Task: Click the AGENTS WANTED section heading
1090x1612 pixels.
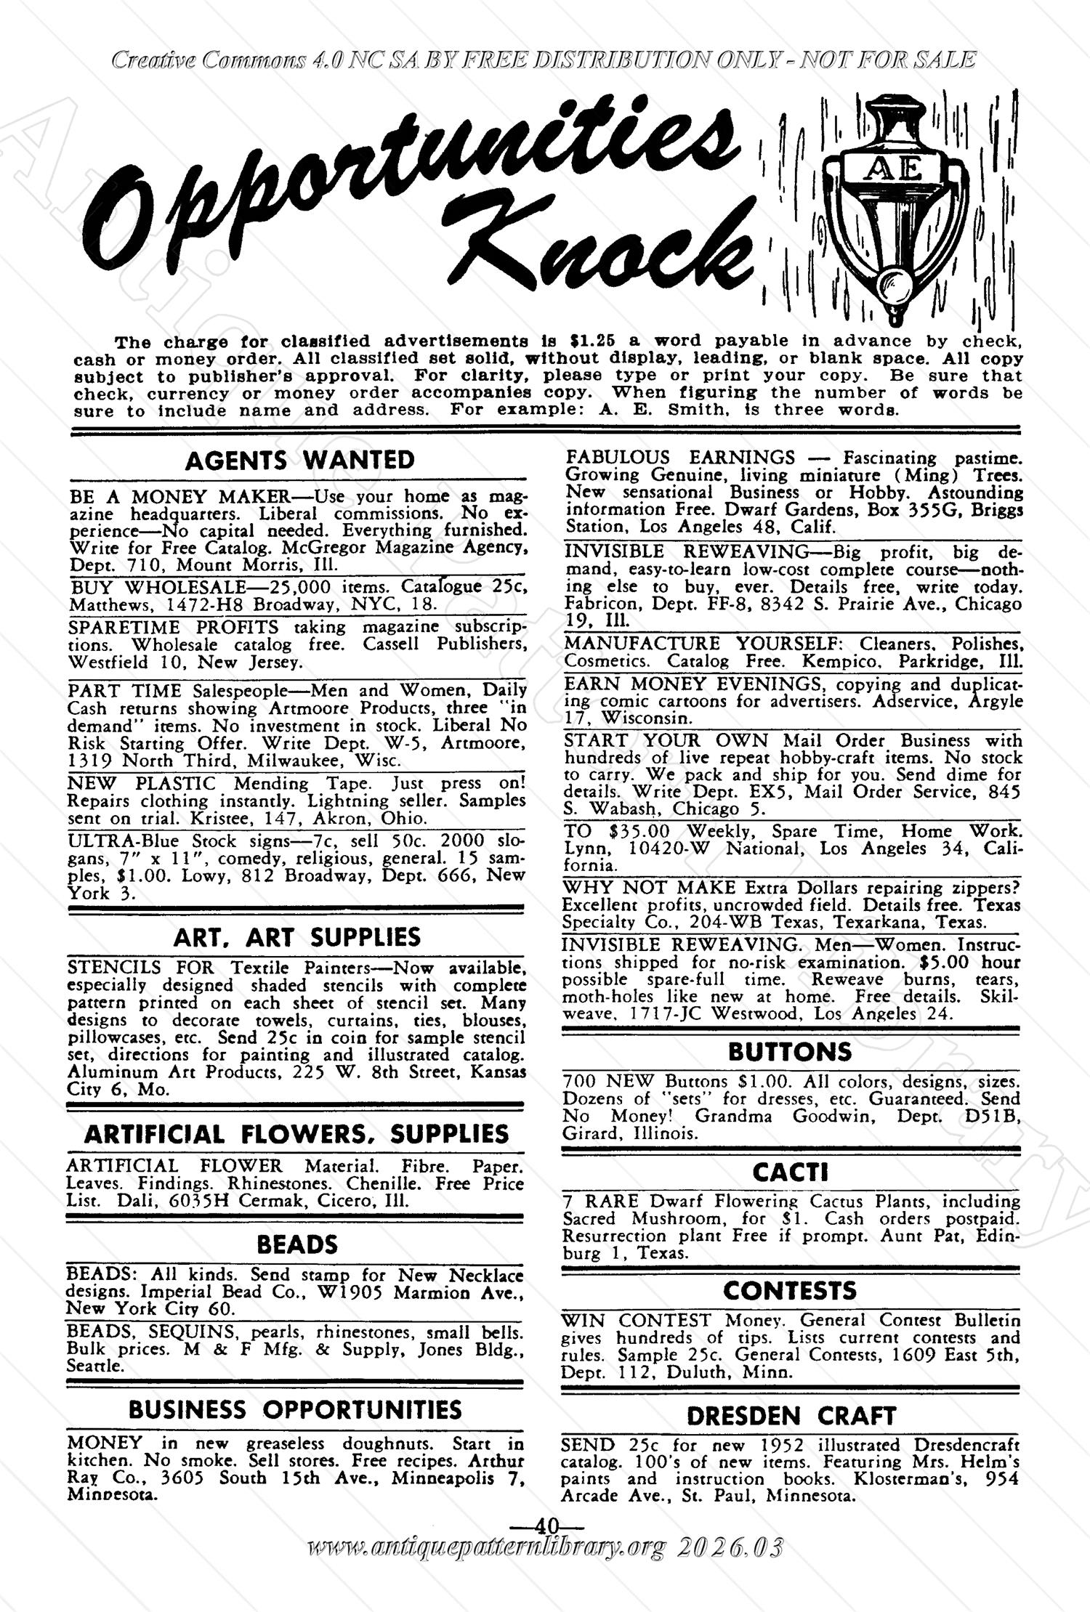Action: [299, 461]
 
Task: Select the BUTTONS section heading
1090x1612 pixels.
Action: [790, 1052]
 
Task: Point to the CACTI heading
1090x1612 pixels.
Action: [791, 1172]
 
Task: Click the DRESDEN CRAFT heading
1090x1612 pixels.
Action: [791, 1415]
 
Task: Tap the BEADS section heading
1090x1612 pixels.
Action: [297, 1244]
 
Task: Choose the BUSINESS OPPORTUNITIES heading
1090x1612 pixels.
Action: [295, 1409]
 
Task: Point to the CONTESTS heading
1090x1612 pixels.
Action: [790, 1291]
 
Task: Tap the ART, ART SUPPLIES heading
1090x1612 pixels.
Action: [297, 937]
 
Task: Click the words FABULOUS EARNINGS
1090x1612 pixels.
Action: [679, 458]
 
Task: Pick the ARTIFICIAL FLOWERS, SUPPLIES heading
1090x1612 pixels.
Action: [296, 1134]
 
